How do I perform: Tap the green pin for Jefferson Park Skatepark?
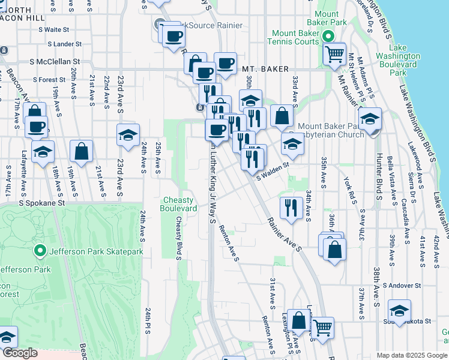point(40,251)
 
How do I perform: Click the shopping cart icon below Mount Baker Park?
point(334,54)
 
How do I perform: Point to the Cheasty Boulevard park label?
point(178,204)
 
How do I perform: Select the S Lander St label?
point(62,44)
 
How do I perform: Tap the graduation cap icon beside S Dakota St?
point(399,311)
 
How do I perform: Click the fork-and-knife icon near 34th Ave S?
point(291,208)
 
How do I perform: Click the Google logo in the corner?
point(20,353)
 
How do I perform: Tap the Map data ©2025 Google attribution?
point(412,355)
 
